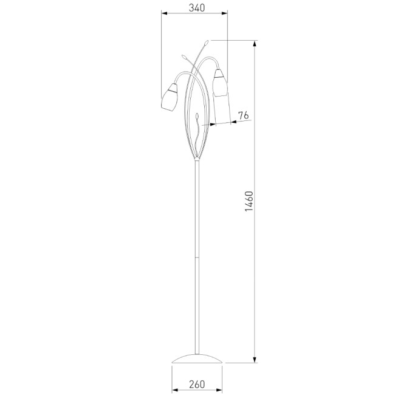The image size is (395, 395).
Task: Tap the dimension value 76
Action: click(x=242, y=115)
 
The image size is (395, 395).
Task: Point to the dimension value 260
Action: click(x=196, y=383)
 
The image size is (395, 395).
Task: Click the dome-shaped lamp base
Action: click(x=196, y=358)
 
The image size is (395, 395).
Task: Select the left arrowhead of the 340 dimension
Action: click(x=164, y=13)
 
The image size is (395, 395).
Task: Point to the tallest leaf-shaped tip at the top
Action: click(x=207, y=43)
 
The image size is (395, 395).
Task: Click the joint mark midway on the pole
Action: click(x=196, y=258)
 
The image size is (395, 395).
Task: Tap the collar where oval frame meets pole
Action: click(x=196, y=160)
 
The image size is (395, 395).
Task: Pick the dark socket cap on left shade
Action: click(x=174, y=89)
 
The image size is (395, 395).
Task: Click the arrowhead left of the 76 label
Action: click(x=211, y=125)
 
